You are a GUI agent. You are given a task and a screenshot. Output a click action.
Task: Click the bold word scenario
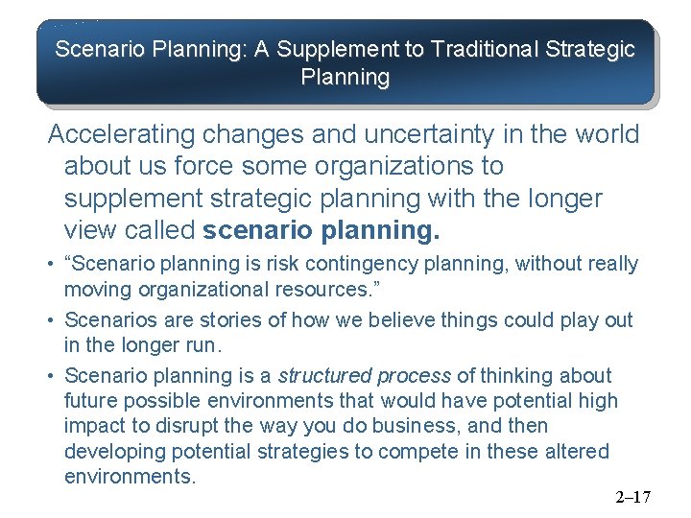point(254,231)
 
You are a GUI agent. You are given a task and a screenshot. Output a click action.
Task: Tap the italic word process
point(414,376)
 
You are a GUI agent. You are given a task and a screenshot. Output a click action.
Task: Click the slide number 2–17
point(632,497)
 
